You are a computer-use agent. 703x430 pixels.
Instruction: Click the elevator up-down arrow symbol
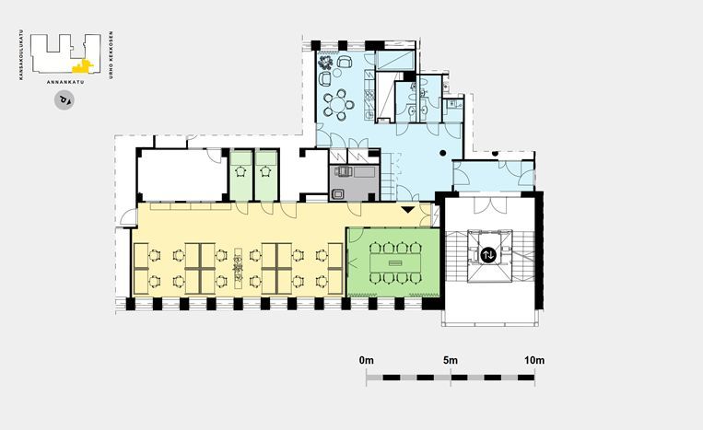[x=488, y=255]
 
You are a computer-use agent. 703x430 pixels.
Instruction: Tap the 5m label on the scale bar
[x=451, y=360]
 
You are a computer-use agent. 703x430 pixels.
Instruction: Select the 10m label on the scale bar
[x=534, y=360]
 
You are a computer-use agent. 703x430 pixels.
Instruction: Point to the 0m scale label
[x=367, y=360]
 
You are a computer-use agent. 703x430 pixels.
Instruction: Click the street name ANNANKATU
[x=65, y=82]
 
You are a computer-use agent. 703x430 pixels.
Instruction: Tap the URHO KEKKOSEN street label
[x=111, y=55]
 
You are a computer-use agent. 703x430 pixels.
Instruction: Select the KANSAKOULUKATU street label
[x=20, y=55]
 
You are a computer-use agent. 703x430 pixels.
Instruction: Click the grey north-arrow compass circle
[x=64, y=100]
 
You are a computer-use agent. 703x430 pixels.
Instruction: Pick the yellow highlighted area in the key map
[x=83, y=66]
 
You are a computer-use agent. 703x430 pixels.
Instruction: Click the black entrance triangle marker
[x=407, y=210]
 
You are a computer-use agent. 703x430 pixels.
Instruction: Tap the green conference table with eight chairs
[x=395, y=263]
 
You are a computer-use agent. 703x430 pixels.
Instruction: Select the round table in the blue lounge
[x=335, y=105]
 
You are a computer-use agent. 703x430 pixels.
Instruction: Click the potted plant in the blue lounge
[x=325, y=62]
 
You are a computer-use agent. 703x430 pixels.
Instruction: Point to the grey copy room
[x=354, y=182]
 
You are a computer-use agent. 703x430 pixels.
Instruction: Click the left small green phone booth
[x=240, y=175]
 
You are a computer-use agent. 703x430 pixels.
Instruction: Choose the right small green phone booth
[x=266, y=175]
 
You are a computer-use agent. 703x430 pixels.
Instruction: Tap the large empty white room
[x=182, y=175]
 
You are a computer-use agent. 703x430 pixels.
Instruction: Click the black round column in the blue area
[x=442, y=153]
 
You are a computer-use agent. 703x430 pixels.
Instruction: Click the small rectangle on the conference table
[x=395, y=263]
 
